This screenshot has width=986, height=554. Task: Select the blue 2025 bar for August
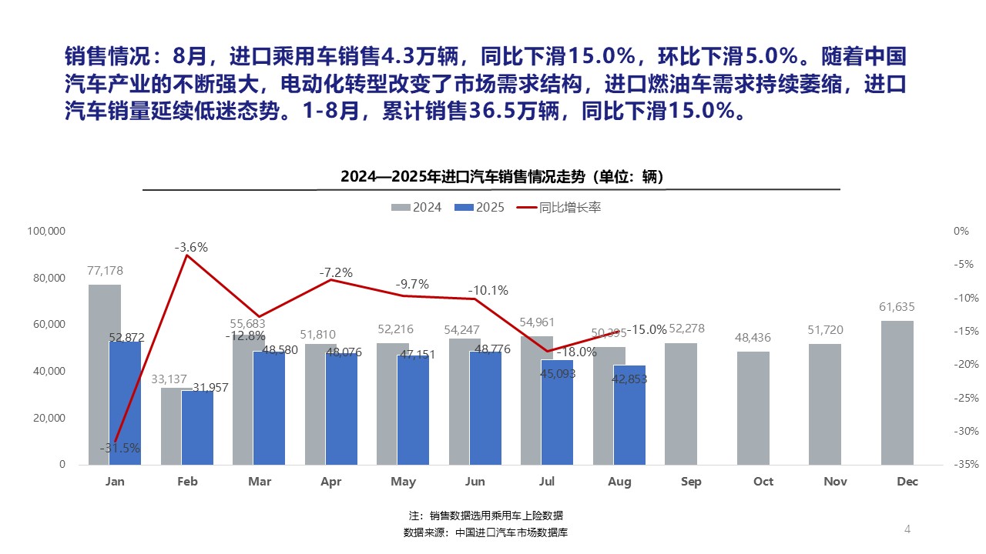pos(629,415)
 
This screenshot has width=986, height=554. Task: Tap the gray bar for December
pos(897,392)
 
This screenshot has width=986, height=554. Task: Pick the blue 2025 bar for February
pos(197,428)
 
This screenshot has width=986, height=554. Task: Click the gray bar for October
pos(753,408)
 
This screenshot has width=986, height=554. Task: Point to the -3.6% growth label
pos(191,248)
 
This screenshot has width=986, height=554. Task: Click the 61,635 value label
pos(897,307)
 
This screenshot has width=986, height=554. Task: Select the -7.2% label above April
pos(336,272)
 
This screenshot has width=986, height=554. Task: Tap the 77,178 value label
pos(105,271)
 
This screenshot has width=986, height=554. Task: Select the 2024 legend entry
pos(417,208)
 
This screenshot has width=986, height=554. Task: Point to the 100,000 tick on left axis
pos(47,231)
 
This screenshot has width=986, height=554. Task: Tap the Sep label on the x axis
pos(691,482)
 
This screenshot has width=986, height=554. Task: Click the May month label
pos(403,482)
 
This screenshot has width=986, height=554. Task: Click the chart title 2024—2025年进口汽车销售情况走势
pos(502,177)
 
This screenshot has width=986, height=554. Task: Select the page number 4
pos(907,529)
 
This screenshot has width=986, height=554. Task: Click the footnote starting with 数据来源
pos(485,532)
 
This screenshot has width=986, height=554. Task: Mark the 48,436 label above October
pos(753,338)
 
